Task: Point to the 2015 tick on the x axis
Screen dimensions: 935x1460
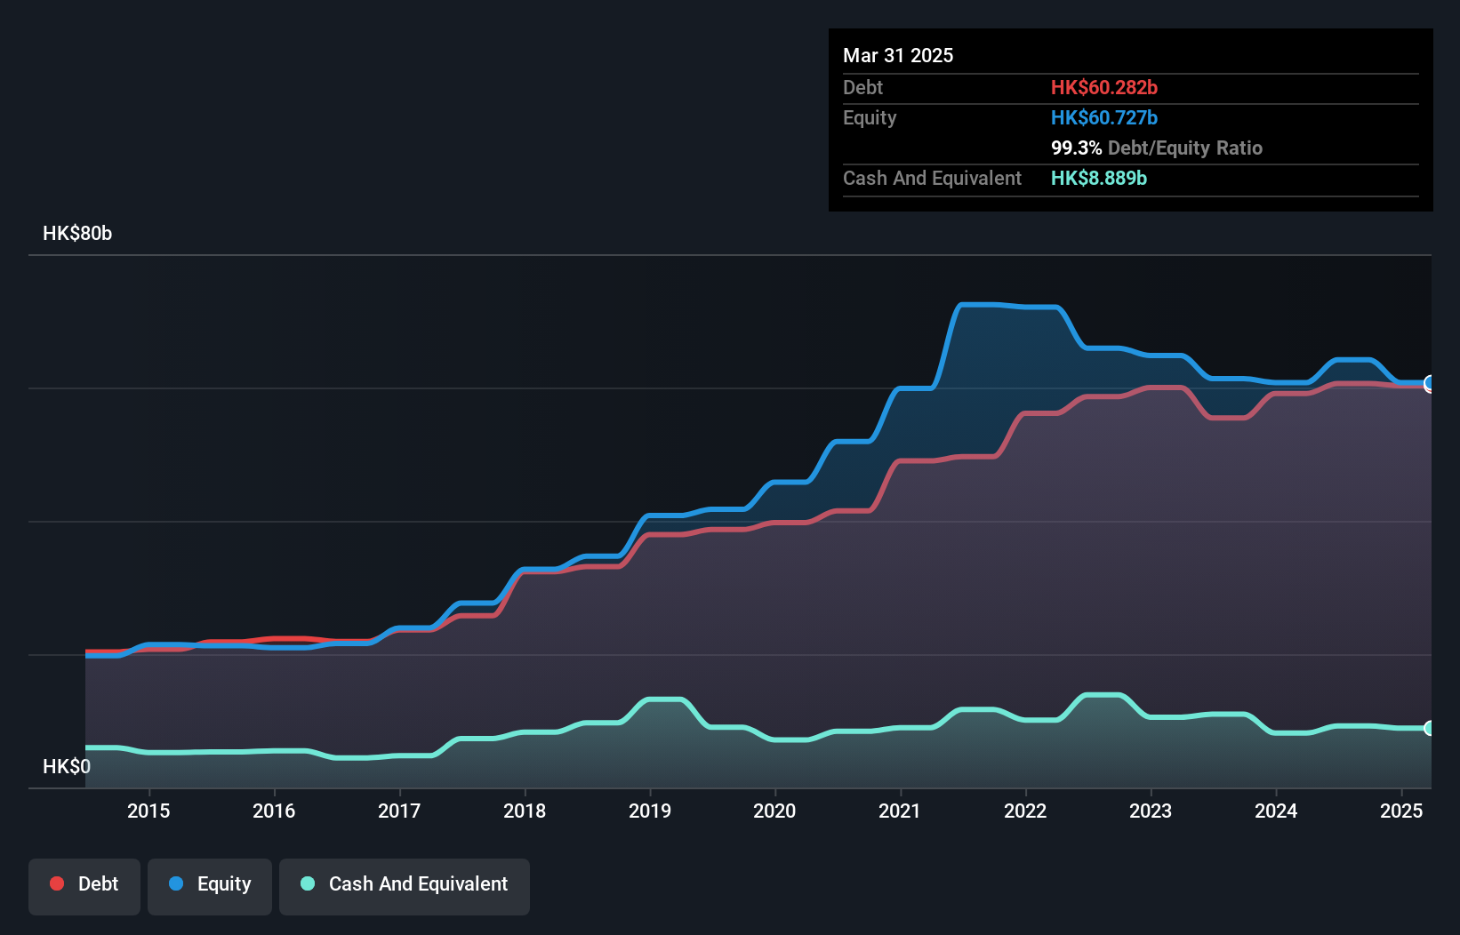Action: pyautogui.click(x=148, y=811)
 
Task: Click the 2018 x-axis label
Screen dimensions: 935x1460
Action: pyautogui.click(x=525, y=811)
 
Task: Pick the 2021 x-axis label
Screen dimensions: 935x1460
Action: pyautogui.click(x=900, y=811)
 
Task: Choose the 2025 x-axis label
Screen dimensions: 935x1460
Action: pyautogui.click(x=1400, y=811)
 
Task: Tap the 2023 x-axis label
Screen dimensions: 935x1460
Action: pyautogui.click(x=1151, y=811)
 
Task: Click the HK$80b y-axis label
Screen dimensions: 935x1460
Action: pyautogui.click(x=77, y=234)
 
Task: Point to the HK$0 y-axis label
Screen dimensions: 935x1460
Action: pyautogui.click(x=67, y=766)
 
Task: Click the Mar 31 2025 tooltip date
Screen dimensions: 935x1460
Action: pyautogui.click(x=898, y=55)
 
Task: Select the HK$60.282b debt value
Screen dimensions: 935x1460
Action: pyautogui.click(x=1103, y=87)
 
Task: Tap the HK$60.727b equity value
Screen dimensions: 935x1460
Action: pyautogui.click(x=1103, y=117)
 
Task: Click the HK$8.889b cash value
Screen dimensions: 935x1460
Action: pyautogui.click(x=1098, y=178)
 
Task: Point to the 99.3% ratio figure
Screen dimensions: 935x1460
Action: pyautogui.click(x=1076, y=148)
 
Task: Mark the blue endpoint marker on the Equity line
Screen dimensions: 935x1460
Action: pyautogui.click(x=1429, y=383)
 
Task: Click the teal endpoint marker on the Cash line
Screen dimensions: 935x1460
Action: pyautogui.click(x=1429, y=728)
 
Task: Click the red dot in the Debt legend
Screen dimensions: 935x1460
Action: pyautogui.click(x=57, y=883)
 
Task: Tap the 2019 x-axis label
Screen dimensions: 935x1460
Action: pyautogui.click(x=650, y=811)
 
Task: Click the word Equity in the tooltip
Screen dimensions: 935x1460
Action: pyautogui.click(x=870, y=117)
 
